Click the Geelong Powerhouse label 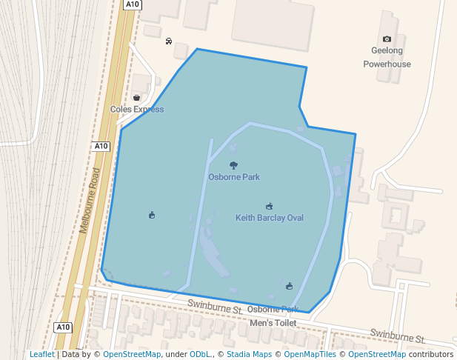point(387,57)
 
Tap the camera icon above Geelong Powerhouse point(387,39)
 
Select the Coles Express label point(137,110)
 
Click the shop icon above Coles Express point(137,97)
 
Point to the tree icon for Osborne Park point(234,165)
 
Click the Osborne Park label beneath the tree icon point(234,177)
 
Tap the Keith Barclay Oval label point(270,218)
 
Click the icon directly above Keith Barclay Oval point(269,206)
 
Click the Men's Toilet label point(273,323)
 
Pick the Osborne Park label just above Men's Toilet point(273,309)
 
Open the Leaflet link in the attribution point(42,354)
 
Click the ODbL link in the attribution point(200,354)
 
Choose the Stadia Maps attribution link point(249,354)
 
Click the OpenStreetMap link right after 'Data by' point(131,354)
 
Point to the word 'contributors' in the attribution point(430,354)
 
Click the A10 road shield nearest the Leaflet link point(63,327)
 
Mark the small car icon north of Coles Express point(169,41)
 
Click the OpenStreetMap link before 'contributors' point(376,354)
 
